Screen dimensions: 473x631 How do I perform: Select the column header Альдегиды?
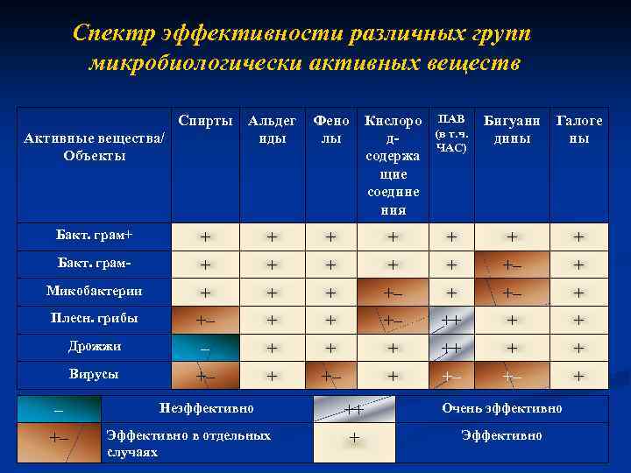(x=271, y=130)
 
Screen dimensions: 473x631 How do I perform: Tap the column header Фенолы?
(x=330, y=130)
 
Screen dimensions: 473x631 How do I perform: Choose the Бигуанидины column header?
(x=513, y=130)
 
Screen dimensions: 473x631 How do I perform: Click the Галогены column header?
(x=579, y=130)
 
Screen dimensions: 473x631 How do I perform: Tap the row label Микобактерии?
(x=95, y=291)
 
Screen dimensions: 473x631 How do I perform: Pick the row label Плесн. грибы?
(x=95, y=318)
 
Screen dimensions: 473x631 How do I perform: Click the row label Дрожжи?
(x=95, y=346)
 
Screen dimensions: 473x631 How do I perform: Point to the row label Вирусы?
(x=95, y=374)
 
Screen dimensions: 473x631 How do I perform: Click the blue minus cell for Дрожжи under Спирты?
(x=205, y=348)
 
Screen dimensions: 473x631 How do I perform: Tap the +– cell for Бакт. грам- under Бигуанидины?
(x=512, y=264)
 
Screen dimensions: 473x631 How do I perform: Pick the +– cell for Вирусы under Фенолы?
(x=330, y=376)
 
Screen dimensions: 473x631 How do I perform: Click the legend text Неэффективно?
(x=207, y=408)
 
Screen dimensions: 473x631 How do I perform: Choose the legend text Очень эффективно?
(x=502, y=408)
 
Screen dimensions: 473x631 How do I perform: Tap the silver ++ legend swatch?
(x=354, y=408)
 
